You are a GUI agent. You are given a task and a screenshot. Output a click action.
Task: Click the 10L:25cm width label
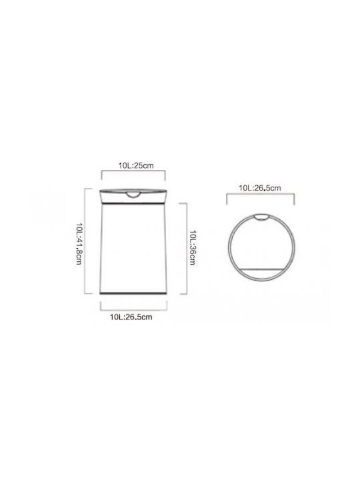pos(136,165)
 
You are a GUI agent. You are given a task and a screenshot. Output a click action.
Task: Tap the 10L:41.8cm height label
pos(79,244)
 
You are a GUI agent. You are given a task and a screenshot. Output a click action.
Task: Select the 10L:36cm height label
pos(193,247)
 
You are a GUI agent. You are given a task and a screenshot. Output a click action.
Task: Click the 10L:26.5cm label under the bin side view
pos(131,317)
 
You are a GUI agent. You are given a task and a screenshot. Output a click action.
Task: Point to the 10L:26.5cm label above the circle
pos(260,187)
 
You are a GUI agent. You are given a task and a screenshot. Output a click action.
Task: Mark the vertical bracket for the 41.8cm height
pos(85,241)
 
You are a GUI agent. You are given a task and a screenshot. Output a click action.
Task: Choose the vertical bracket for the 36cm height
pos(187,249)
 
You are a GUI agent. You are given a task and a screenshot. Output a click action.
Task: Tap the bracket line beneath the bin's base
pos(134,310)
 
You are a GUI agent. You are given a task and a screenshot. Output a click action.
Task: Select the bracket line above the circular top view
pos(260,194)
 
